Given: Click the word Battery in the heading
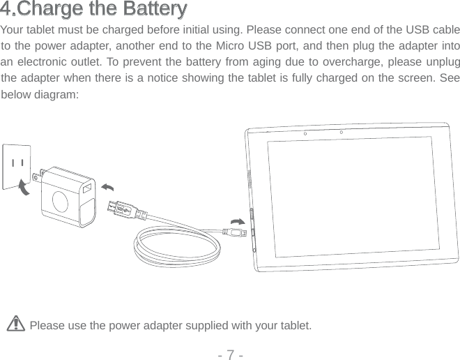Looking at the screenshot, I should click(x=156, y=10).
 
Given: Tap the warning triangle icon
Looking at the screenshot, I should click(x=19, y=324).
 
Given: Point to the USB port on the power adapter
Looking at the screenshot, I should click(x=86, y=190).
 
